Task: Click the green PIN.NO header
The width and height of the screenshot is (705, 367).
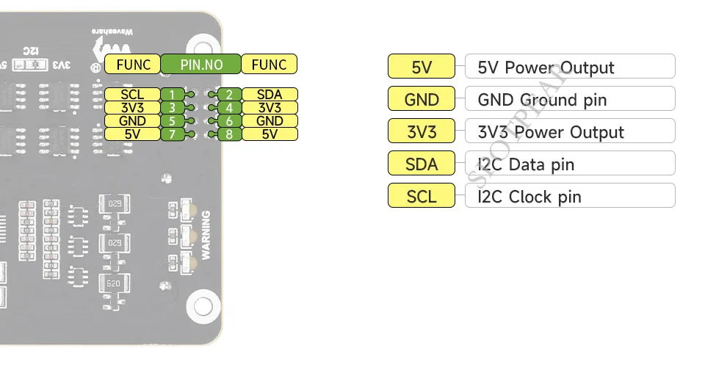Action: pos(201,65)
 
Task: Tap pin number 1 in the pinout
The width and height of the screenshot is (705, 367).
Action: pos(171,95)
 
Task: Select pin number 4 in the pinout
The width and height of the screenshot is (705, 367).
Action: pos(230,108)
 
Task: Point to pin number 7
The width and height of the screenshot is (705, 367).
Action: pos(171,134)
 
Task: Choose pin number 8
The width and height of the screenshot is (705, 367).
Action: pos(230,134)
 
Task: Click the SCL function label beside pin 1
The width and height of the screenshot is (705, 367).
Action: pos(133,95)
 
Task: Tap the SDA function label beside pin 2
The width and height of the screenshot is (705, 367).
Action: pos(270,95)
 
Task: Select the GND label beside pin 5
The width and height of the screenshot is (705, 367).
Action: pos(133,121)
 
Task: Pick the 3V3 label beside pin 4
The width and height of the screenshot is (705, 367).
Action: pos(270,108)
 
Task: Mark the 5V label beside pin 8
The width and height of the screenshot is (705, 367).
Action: pos(270,134)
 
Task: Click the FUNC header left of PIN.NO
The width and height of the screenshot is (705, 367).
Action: pos(133,65)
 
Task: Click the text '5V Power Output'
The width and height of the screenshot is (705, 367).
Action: pos(546,68)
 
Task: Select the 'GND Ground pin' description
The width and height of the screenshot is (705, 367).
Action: pos(542,100)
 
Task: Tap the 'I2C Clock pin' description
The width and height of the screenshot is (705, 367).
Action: pos(529,197)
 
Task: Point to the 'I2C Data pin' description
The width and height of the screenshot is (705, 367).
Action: pos(526,164)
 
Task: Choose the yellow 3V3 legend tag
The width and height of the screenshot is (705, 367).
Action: pos(422,132)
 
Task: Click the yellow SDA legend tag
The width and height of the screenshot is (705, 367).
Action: pos(422,164)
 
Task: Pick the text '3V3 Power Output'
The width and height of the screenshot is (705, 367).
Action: pos(550,132)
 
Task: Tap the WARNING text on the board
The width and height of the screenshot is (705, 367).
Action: pos(206,235)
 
